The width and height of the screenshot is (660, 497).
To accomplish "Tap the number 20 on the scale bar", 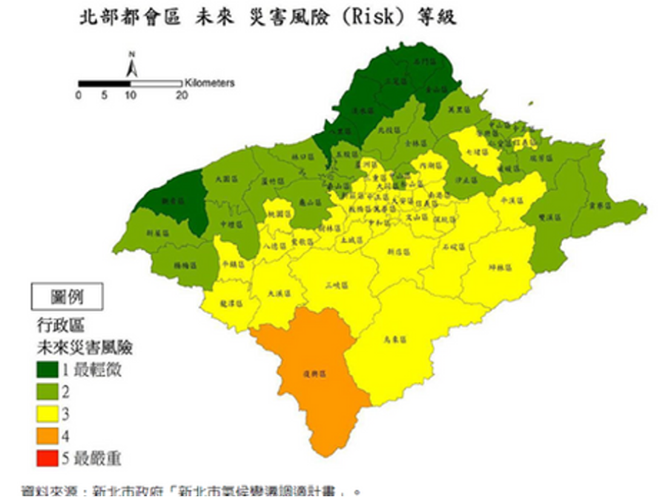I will tap(182, 96).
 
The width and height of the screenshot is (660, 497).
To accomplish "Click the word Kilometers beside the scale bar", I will tap(210, 83).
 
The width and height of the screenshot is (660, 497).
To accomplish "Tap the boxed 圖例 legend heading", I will tap(67, 297).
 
